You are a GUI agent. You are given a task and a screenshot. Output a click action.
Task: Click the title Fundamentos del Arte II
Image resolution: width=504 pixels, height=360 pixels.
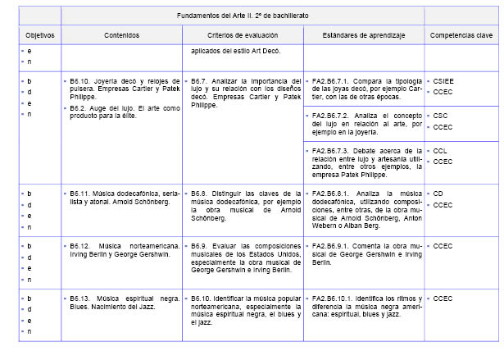click(x=243, y=16)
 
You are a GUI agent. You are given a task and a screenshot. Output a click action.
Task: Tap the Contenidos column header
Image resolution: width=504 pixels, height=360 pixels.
click(x=121, y=36)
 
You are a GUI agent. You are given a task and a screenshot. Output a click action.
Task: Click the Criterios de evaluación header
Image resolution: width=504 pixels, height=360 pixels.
click(x=243, y=36)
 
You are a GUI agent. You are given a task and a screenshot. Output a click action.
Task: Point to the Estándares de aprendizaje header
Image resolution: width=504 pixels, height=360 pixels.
click(x=364, y=36)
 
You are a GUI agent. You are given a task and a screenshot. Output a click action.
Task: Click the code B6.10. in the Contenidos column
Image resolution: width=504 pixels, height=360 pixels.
click(x=80, y=81)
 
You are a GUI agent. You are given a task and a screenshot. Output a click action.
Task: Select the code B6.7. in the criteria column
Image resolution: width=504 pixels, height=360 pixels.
click(x=200, y=81)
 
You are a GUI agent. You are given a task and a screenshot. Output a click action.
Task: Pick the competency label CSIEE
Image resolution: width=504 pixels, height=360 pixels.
click(x=443, y=81)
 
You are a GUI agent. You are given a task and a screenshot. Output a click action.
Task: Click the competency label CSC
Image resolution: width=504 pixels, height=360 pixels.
click(x=439, y=116)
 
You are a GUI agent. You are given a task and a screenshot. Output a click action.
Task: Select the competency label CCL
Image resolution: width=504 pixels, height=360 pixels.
click(x=439, y=151)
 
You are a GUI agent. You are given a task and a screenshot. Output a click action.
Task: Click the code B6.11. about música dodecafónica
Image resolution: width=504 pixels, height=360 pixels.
click(x=80, y=194)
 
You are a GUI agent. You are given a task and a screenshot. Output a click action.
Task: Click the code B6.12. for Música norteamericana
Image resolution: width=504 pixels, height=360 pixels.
click(x=80, y=245)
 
